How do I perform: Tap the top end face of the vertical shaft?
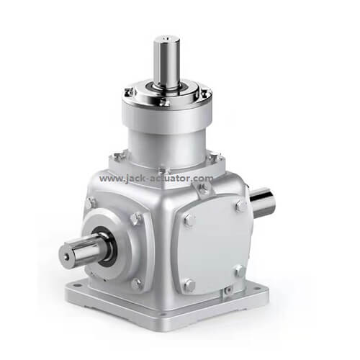click(166, 38)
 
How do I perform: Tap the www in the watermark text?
click(110, 179)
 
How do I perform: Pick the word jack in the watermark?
click(133, 179)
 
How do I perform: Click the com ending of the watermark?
click(204, 179)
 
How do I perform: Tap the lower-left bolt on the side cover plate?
click(189, 284)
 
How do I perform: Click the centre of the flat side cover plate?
click(214, 246)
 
